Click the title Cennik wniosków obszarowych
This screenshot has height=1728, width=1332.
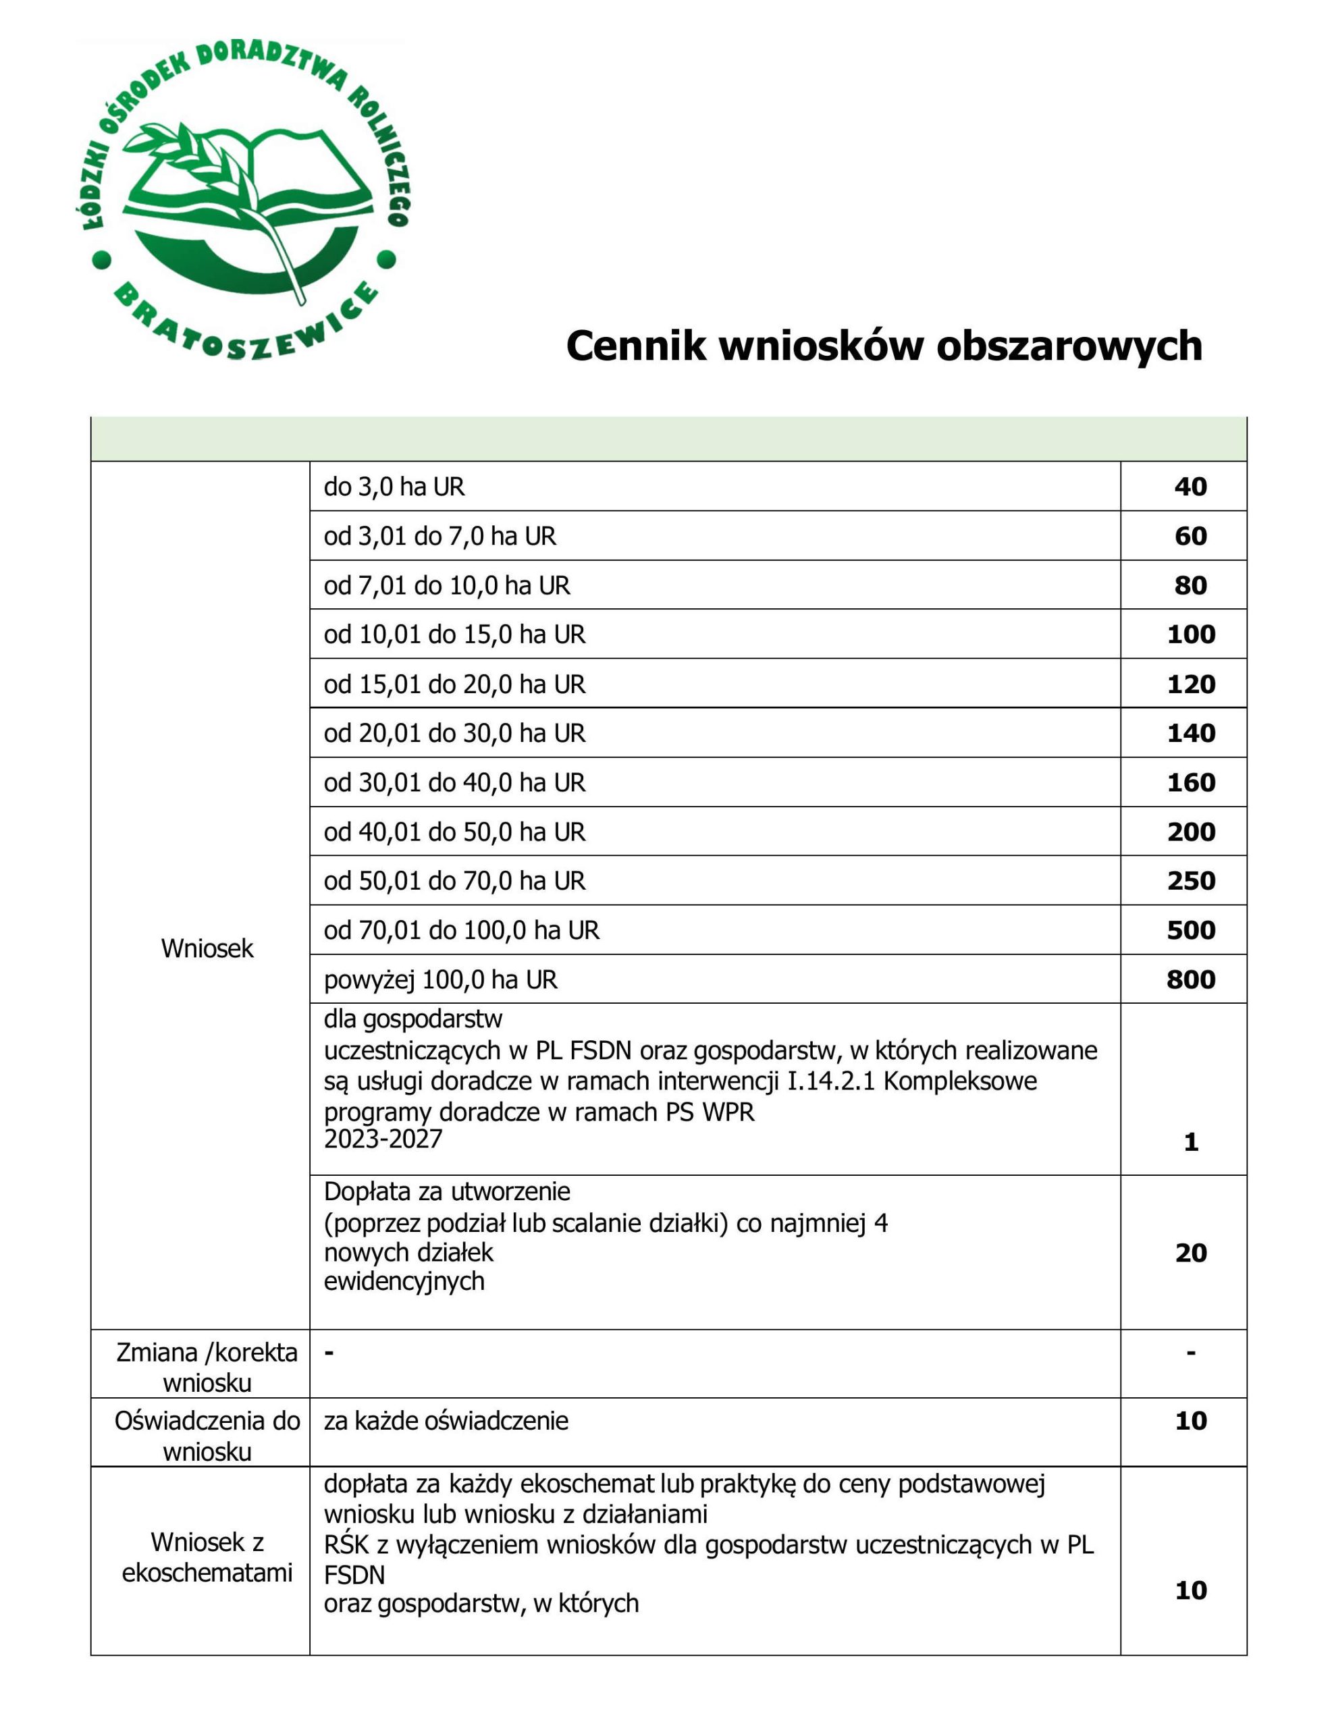[883, 346]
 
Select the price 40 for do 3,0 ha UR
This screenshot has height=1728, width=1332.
[1190, 487]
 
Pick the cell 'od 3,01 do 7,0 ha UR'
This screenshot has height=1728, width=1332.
[439, 537]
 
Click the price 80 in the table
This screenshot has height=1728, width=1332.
[1190, 585]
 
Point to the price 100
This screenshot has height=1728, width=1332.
[1190, 634]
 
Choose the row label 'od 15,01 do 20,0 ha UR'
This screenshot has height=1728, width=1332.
[454, 684]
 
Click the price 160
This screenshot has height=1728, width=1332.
[1190, 782]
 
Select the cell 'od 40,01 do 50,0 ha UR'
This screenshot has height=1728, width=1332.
[454, 832]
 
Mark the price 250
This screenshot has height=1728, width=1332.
[1190, 881]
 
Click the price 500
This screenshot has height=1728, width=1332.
[1190, 930]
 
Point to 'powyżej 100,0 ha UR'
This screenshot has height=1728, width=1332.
[440, 980]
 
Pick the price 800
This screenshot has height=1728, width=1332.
[1190, 979]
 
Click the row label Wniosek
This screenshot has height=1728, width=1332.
[207, 948]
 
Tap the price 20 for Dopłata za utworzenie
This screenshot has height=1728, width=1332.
[1190, 1253]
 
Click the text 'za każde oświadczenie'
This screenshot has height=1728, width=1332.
[446, 1421]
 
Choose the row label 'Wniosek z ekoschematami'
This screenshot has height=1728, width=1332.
[207, 1557]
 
